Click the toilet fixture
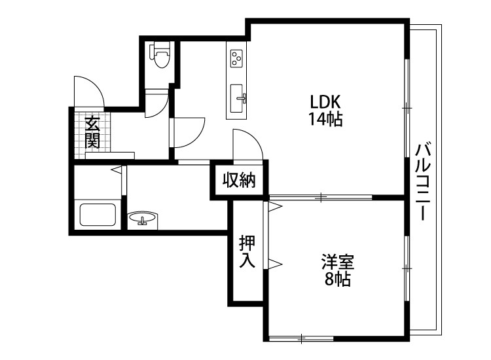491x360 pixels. (x=160, y=55)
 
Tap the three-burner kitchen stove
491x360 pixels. (x=236, y=58)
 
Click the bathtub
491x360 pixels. (x=98, y=215)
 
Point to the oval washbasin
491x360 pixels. (x=143, y=219)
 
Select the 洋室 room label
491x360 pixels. (x=337, y=263)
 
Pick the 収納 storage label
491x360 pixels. (x=238, y=181)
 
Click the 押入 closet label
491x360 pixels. (x=247, y=252)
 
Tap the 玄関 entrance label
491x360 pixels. (x=92, y=132)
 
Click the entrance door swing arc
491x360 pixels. (x=88, y=92)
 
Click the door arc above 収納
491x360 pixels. (x=247, y=144)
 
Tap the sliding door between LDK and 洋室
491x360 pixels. (x=321, y=196)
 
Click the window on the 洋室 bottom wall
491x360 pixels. (x=300, y=338)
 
